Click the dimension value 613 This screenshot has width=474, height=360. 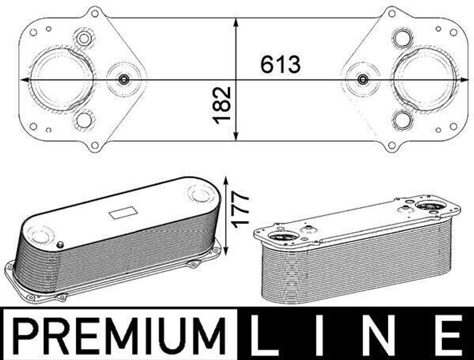coord(281,64)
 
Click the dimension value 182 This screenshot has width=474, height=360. coord(222,105)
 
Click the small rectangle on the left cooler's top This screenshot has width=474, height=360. coord(123,213)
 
